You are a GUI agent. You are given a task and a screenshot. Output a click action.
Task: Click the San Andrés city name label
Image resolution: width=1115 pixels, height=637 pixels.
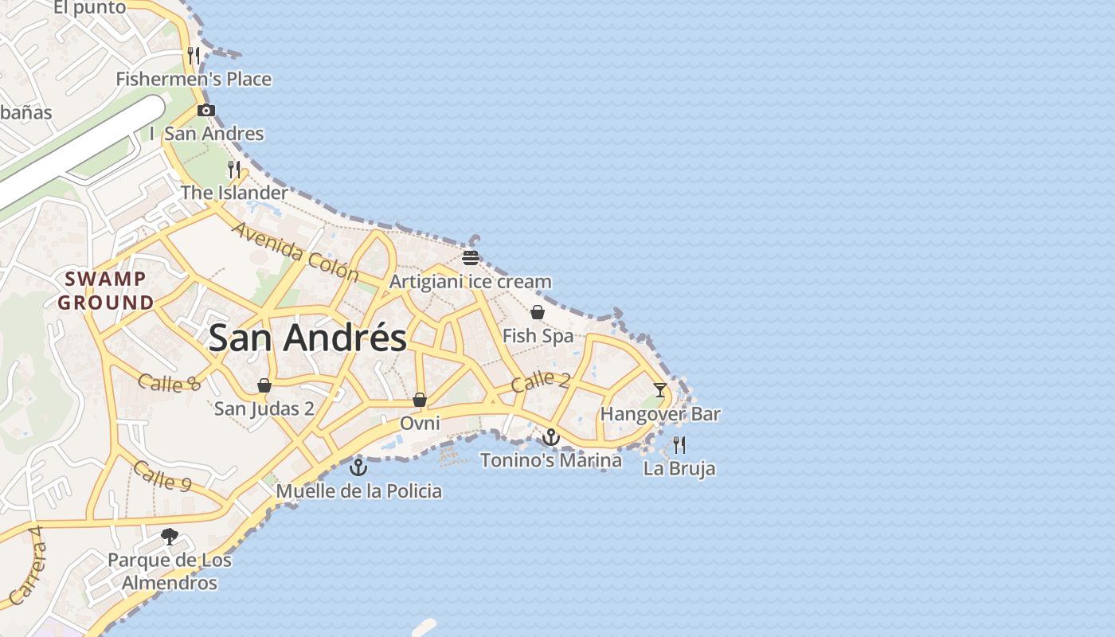click(x=307, y=338)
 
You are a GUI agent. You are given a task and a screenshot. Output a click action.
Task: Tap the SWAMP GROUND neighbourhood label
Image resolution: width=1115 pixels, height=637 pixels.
click(x=106, y=291)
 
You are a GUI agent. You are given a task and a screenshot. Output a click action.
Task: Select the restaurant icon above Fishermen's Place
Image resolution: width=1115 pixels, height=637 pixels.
click(x=194, y=56)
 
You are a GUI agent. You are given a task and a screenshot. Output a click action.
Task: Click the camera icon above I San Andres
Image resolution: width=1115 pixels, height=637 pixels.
click(x=206, y=111)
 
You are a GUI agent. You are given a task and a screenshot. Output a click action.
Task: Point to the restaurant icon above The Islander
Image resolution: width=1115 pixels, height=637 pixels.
click(x=234, y=170)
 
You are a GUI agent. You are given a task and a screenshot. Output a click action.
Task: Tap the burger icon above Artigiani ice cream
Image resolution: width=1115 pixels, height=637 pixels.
click(x=471, y=258)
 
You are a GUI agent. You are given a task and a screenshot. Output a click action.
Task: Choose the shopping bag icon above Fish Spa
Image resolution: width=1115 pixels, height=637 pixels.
click(x=538, y=312)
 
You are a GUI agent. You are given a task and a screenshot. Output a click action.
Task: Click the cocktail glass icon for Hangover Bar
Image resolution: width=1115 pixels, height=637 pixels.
click(x=660, y=390)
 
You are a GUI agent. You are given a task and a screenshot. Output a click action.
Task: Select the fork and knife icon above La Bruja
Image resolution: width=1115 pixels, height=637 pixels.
click(x=679, y=444)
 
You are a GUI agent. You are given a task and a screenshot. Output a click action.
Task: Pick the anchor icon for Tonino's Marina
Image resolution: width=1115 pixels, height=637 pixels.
click(x=551, y=437)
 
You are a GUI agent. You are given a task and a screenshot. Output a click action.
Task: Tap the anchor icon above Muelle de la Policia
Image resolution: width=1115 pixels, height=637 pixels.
click(x=358, y=467)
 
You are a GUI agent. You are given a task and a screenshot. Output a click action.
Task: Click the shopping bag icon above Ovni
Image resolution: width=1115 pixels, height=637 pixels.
click(x=420, y=400)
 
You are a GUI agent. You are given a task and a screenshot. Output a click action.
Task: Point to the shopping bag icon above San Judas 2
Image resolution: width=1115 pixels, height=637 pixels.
click(x=264, y=386)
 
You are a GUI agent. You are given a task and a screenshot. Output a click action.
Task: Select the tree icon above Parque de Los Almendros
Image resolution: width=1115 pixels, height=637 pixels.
click(x=170, y=537)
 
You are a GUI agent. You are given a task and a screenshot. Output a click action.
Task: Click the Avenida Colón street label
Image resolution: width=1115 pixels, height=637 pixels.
click(x=295, y=252)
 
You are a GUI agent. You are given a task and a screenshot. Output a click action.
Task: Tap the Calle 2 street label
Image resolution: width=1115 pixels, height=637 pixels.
click(x=540, y=382)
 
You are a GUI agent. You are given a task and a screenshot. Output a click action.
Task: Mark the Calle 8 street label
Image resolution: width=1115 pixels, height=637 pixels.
click(x=169, y=383)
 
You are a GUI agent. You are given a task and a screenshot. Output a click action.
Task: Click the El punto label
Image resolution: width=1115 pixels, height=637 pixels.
click(x=90, y=8)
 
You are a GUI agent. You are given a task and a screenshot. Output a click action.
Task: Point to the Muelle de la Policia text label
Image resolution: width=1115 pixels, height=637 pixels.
click(x=358, y=490)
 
